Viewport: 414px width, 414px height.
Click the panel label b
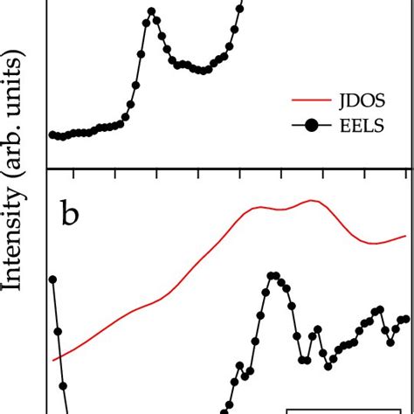tap(70, 214)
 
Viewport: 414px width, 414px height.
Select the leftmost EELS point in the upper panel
tap(52, 135)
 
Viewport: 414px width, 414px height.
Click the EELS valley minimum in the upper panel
tap(202, 70)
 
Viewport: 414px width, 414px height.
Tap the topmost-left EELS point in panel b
tap(52, 279)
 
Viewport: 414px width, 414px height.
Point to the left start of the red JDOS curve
tap(54, 359)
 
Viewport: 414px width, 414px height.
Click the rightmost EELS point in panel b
tap(406, 319)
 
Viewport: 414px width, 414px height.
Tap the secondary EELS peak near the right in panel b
tap(379, 309)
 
